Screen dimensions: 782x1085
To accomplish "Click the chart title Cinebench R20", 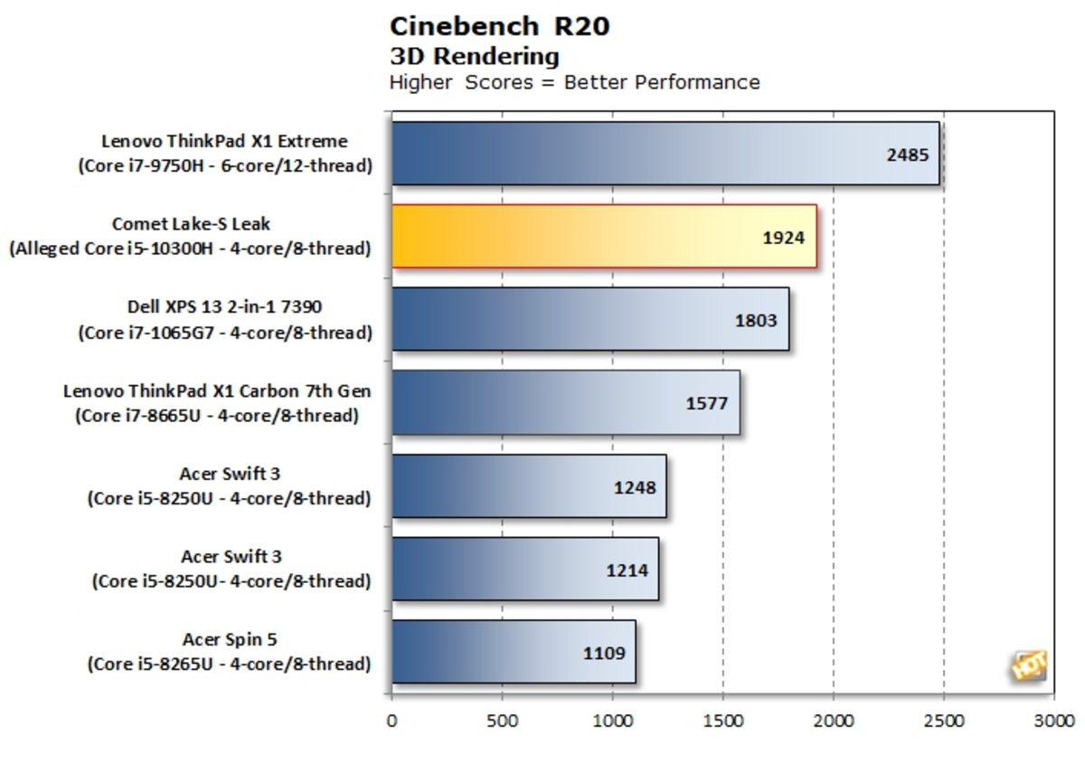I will pos(500,26).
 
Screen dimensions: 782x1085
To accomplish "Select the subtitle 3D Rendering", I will pos(474,56).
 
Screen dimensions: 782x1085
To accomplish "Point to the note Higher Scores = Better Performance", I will pos(574,82).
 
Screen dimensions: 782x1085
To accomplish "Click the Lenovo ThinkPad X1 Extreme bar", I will pos(633,154).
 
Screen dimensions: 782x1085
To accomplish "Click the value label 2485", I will pos(907,154).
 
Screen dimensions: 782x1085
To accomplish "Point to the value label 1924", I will pos(783,238).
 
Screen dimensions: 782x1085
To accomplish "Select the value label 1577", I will pos(706,403).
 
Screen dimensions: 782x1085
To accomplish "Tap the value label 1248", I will pos(634,487).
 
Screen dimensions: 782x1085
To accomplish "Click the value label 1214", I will pos(626,570).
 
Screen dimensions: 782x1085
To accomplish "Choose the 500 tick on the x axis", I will pos(502,721).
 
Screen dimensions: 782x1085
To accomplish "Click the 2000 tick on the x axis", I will pos(833,721).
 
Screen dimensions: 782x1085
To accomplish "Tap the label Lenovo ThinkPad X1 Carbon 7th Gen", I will pos(217,391).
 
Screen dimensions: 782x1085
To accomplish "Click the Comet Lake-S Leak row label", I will pos(191,224).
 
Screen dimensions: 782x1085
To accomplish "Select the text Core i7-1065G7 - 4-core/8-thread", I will pos(224,333).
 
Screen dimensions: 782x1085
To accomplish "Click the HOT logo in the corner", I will pos(1029,667).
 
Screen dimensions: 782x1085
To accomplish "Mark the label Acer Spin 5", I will pos(230,640).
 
